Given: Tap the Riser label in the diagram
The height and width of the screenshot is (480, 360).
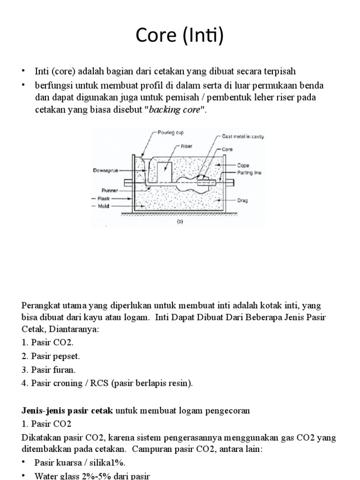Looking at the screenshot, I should [x=187, y=146].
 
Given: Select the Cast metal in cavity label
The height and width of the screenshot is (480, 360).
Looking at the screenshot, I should [x=243, y=137].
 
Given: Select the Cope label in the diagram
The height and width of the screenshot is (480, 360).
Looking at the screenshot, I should [x=243, y=165].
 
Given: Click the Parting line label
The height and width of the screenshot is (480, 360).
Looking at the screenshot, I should [x=249, y=172].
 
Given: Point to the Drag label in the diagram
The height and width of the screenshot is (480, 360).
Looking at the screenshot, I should [x=243, y=200].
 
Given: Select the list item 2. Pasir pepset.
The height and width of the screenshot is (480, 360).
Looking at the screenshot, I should [x=52, y=356].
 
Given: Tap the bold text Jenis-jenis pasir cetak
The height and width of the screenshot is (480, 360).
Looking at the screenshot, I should [x=67, y=411].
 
